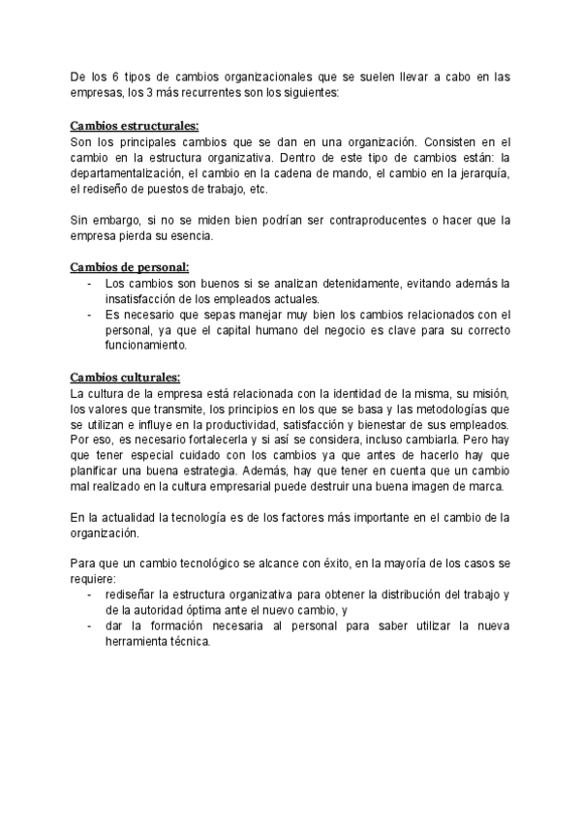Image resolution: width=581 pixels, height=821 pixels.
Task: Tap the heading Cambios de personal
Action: coord(130,266)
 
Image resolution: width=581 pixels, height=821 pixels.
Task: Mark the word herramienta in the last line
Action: coord(144,641)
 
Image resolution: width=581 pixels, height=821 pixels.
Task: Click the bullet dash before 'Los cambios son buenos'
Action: coord(90,282)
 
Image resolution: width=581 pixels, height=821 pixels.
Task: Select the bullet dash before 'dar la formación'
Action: coord(90,625)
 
